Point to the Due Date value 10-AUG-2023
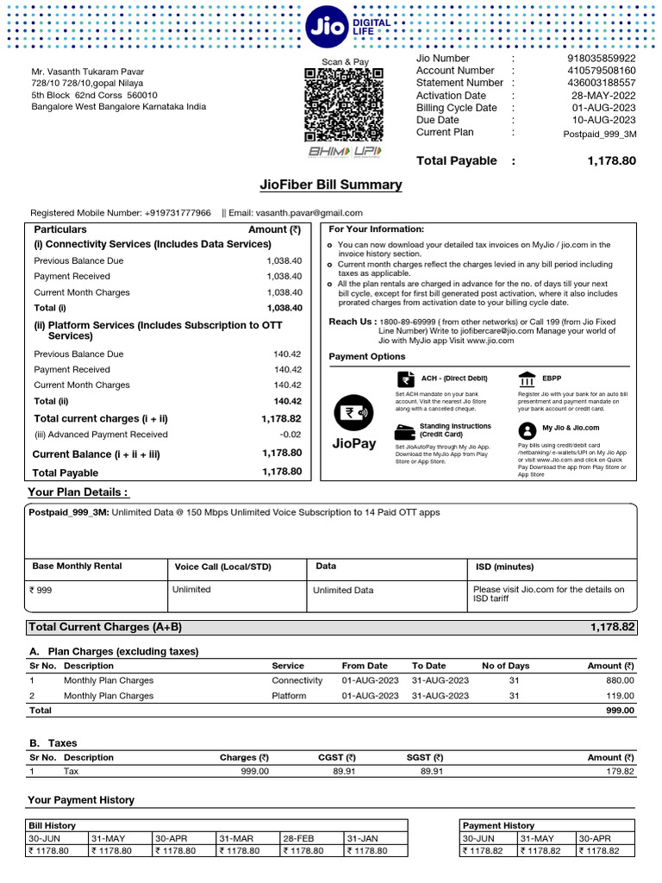point(603,121)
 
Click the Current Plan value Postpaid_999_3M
point(599,134)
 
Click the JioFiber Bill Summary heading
point(331,185)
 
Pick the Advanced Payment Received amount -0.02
point(290,435)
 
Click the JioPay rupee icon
point(353,413)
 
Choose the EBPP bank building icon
point(527,379)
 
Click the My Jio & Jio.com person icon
point(527,429)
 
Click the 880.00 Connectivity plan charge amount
point(617,680)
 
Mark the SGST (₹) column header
point(425,758)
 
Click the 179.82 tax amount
point(617,772)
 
